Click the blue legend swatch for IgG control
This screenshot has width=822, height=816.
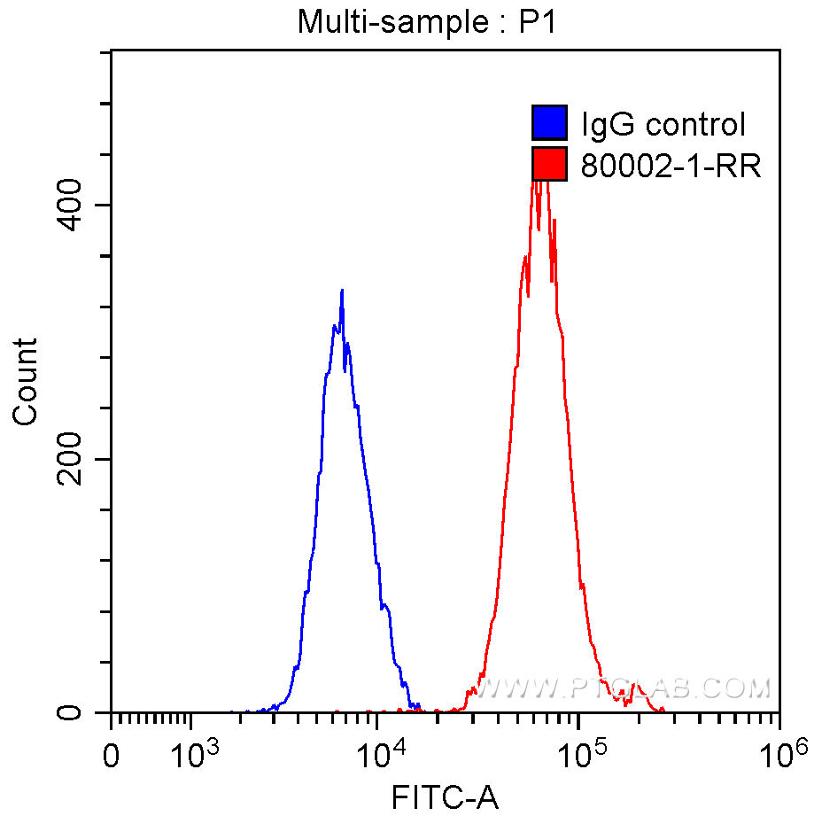coord(548,124)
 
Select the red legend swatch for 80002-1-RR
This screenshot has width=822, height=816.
coord(548,164)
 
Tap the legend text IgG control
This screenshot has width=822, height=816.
coord(663,125)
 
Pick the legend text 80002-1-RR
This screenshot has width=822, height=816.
coord(671,165)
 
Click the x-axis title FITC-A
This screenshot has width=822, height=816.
coord(445,798)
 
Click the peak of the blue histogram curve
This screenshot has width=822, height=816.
coord(341,291)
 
